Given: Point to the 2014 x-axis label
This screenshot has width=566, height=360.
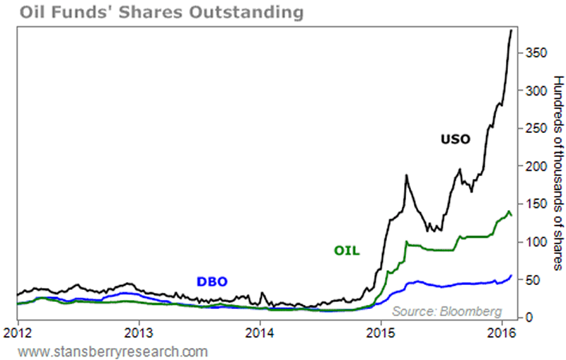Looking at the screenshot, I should click(x=260, y=331).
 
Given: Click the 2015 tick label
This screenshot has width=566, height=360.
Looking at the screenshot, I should click(x=381, y=331).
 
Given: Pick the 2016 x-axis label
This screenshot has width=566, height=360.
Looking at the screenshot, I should click(x=502, y=331).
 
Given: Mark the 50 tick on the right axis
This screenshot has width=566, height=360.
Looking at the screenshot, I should click(x=531, y=280).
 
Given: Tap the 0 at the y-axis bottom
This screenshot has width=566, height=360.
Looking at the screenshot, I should click(x=528, y=318).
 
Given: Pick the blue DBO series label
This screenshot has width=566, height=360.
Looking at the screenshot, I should click(x=212, y=281).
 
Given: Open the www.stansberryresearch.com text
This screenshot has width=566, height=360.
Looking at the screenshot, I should click(x=113, y=350).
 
